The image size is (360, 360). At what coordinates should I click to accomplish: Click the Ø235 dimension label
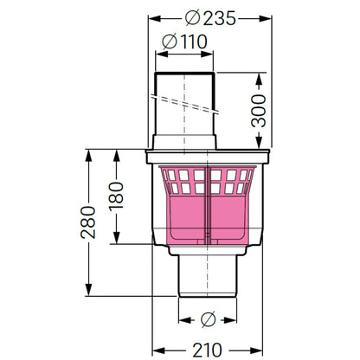point(210,18)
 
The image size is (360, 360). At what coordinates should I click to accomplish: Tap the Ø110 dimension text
point(184,42)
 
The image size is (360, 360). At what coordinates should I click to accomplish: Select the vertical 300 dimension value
point(259,111)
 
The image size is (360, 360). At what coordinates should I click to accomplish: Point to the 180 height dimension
point(116,196)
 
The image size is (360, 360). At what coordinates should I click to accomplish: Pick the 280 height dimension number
point(88,222)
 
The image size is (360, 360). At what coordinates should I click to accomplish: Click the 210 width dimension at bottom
point(207,350)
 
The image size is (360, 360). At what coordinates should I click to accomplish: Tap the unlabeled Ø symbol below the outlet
point(208,319)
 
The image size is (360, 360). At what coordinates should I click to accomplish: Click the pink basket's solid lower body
point(208,218)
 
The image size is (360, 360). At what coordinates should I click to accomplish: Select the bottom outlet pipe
point(208,276)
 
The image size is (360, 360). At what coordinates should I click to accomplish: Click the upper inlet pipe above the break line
point(184,84)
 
